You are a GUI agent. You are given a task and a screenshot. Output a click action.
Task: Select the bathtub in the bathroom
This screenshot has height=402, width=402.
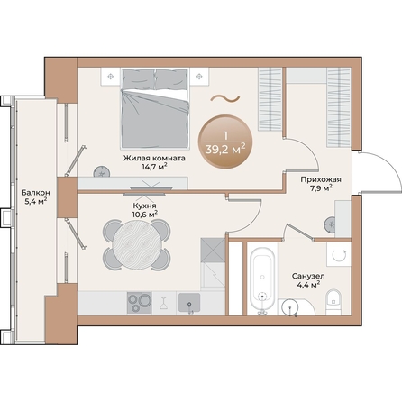point(262,279)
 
